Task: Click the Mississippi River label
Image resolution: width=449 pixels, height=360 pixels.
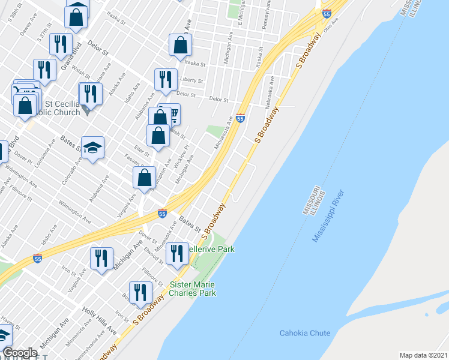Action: [x=328, y=216]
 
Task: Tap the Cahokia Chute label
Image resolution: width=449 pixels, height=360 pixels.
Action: [x=304, y=333]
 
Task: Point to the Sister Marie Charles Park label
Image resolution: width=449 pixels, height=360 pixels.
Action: [x=193, y=289]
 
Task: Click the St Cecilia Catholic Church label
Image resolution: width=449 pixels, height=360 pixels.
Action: [x=60, y=106]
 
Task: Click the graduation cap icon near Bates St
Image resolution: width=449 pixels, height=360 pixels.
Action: [x=93, y=148]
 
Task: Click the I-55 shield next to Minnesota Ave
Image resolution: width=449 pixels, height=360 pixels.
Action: [x=240, y=118]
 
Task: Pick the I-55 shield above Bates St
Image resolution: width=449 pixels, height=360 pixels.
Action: [x=162, y=213]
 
